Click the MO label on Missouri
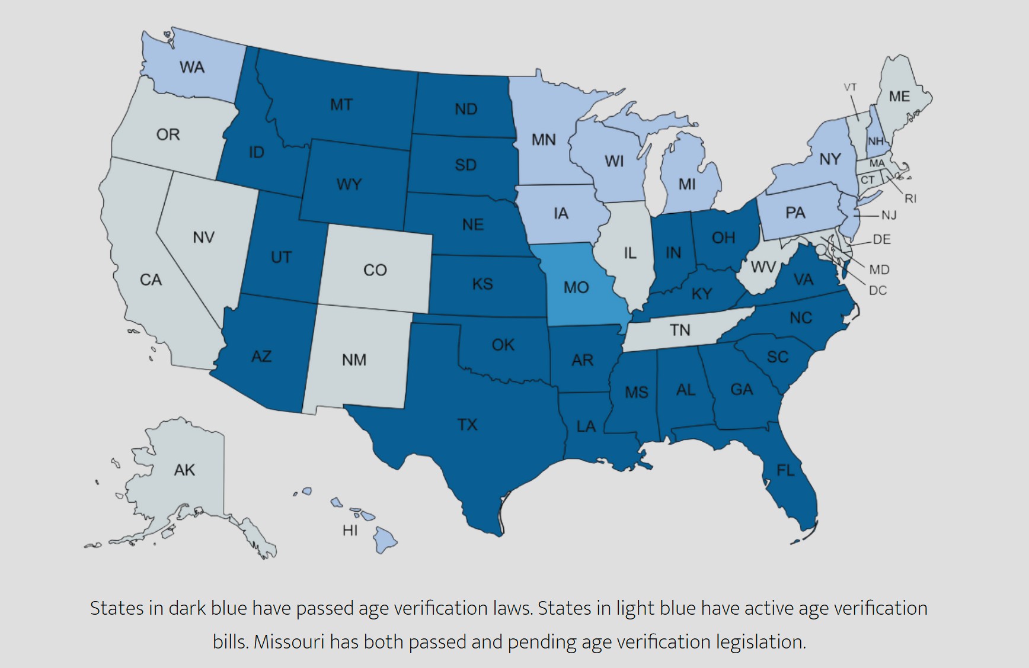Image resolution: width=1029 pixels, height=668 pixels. (576, 287)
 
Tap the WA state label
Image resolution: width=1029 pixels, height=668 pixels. (192, 68)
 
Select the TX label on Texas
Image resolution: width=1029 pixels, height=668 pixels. (467, 425)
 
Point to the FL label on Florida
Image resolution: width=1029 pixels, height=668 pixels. (785, 470)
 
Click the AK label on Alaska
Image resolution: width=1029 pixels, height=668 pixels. (184, 470)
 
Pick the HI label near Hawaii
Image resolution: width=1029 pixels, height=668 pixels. (350, 530)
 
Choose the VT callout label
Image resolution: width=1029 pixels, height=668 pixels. (850, 87)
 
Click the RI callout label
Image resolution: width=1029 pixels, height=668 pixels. (910, 199)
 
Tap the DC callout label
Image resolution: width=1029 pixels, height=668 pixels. (877, 291)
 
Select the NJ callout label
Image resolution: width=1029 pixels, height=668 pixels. (889, 216)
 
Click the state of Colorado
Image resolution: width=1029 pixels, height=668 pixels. (375, 270)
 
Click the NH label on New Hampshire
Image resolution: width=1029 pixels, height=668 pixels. (875, 141)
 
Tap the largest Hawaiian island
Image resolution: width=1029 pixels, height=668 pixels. (385, 540)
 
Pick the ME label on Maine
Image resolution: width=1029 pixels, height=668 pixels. (899, 96)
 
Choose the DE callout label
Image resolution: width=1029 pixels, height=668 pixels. (881, 239)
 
